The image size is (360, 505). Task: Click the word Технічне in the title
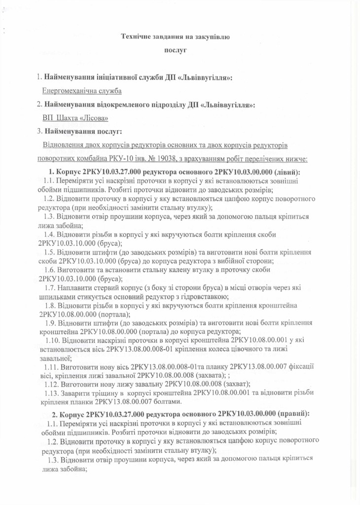[135, 36]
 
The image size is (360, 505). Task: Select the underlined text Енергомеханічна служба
[82, 91]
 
